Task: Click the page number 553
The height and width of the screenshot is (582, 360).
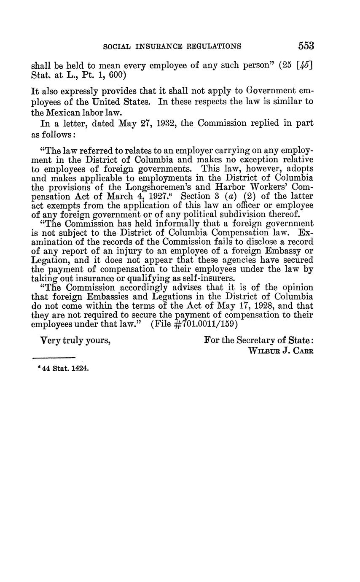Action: pos(306,46)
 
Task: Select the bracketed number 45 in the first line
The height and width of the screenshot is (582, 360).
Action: pos(304,66)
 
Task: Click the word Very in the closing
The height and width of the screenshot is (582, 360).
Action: pos(50,340)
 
